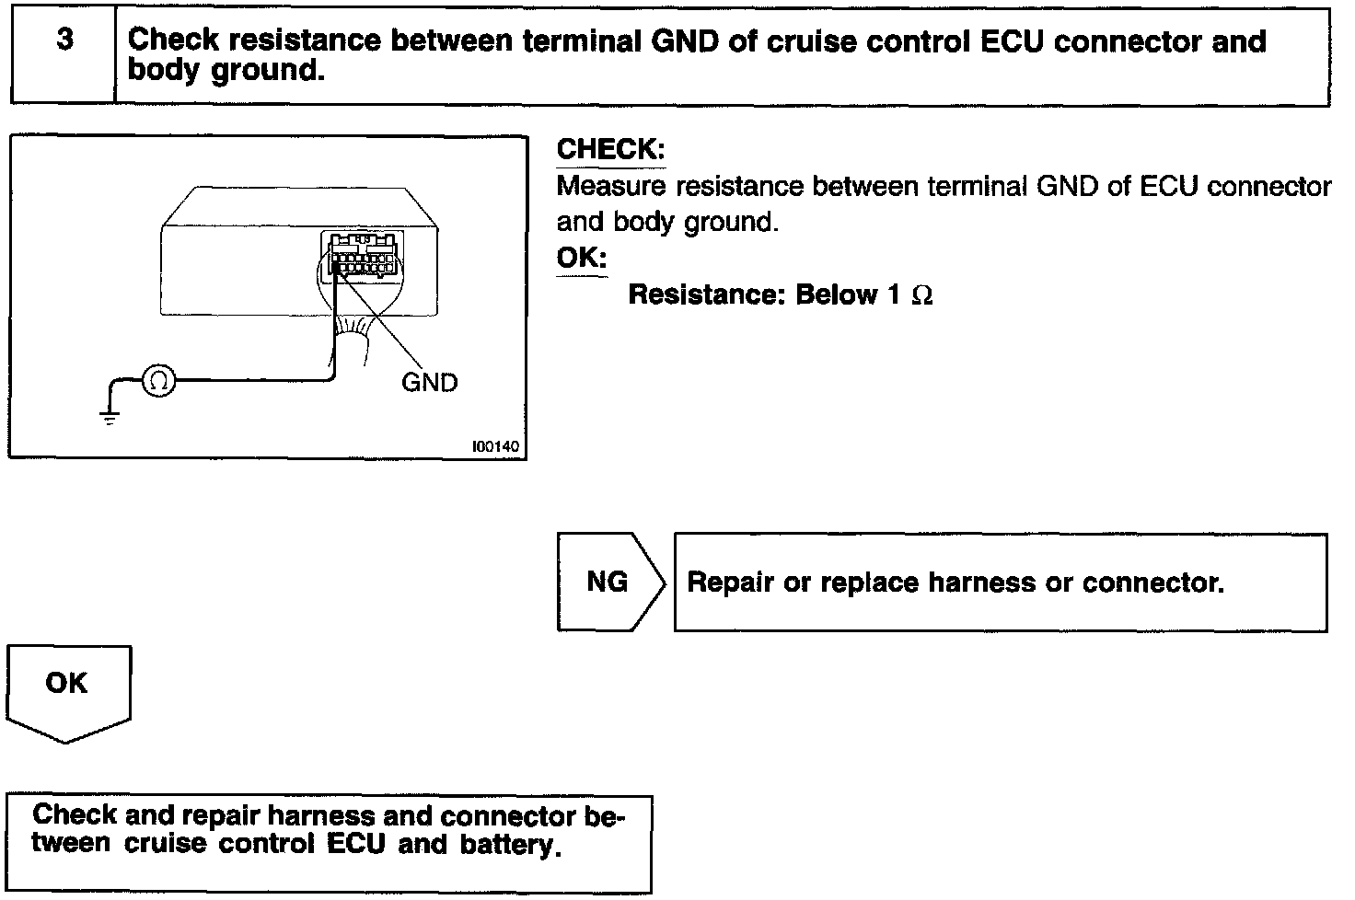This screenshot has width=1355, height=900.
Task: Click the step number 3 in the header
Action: coord(64,41)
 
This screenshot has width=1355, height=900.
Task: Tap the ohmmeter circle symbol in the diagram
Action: coord(158,379)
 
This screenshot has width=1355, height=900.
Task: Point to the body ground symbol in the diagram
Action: coord(110,418)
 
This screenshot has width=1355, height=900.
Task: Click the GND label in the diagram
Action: coord(429,382)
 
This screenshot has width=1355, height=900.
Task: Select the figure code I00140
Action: coord(495,447)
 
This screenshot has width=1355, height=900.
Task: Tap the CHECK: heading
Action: coord(610,149)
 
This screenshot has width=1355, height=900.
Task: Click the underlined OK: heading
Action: coord(582,258)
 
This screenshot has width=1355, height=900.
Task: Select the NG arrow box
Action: coord(608,582)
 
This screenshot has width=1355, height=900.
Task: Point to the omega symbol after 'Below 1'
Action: coord(921,295)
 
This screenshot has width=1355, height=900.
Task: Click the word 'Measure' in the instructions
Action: coord(611,187)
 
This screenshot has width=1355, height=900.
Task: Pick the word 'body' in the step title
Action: coord(165,70)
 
